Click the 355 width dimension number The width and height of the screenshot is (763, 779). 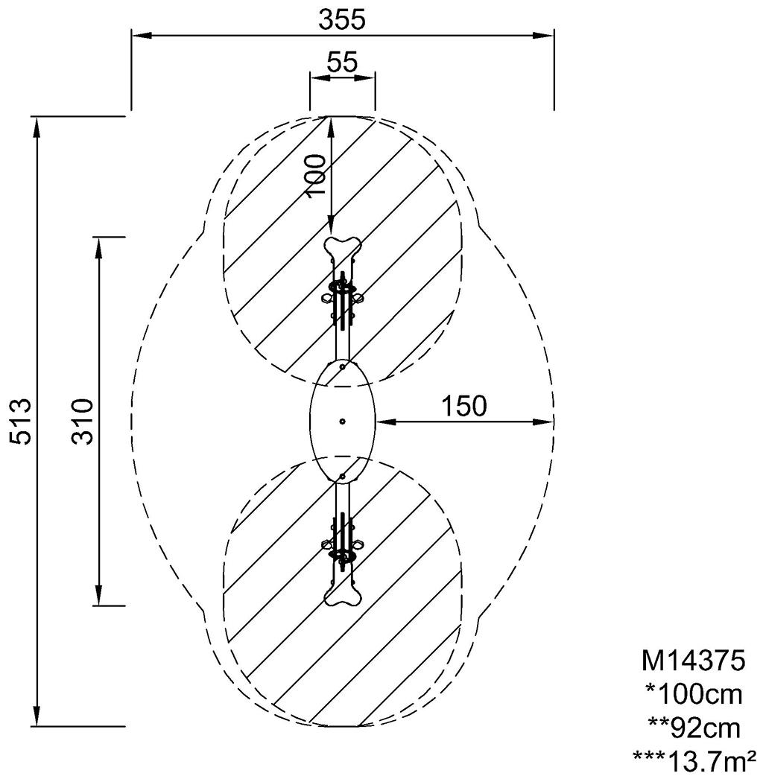click(342, 19)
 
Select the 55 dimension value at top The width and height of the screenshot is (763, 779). click(342, 63)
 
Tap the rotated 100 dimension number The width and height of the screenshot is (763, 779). click(316, 174)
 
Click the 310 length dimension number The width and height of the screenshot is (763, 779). click(83, 422)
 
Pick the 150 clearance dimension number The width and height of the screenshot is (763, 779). click(463, 407)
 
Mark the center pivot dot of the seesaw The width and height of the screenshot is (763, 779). click(342, 422)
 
